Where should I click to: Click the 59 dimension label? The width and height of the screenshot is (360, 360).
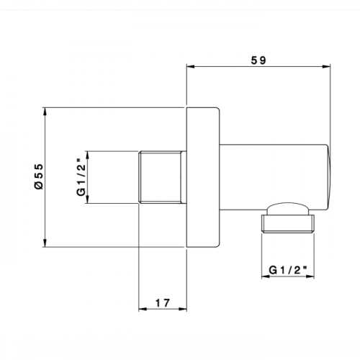click(x=258, y=60)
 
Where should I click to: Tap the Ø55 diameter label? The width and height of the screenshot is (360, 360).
click(x=39, y=176)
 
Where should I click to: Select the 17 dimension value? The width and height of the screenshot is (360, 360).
click(x=163, y=303)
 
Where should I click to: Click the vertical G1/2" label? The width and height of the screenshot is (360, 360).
click(x=81, y=177)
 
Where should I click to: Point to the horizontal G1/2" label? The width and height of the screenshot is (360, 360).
click(x=288, y=270)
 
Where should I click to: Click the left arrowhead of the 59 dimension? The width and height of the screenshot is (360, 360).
click(x=191, y=67)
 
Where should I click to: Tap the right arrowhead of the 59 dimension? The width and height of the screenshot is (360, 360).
click(x=326, y=67)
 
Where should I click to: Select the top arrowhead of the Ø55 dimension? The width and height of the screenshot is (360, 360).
click(x=45, y=112)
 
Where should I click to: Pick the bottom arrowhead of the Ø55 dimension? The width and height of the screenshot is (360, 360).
click(x=45, y=243)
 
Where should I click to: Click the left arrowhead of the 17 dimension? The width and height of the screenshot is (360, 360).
click(x=143, y=309)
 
